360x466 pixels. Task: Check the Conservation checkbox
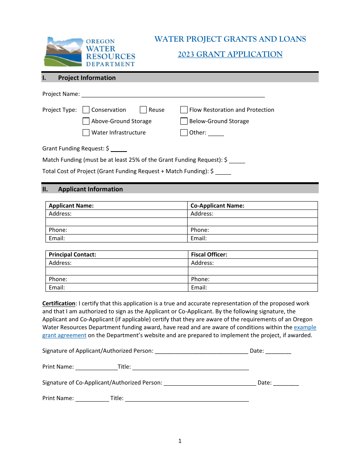tap(86, 110)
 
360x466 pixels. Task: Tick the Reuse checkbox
tap(143, 110)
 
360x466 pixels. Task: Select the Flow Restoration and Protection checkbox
tap(184, 110)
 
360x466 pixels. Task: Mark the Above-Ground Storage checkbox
tap(86, 121)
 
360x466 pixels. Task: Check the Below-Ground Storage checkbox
tap(184, 121)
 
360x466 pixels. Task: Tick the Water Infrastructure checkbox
tap(86, 133)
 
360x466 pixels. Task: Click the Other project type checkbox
tap(184, 133)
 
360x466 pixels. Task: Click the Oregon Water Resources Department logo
tap(89, 52)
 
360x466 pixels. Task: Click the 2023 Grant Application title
tap(230, 54)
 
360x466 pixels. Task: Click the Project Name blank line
tap(173, 94)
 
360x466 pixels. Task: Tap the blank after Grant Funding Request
tap(119, 149)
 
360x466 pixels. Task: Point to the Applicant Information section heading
tap(90, 189)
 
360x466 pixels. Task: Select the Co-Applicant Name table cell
tap(252, 206)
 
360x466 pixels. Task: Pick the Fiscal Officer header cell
tap(252, 255)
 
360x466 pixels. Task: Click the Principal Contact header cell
tap(117, 255)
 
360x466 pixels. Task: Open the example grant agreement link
tap(305, 327)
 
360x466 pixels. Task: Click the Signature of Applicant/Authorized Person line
tap(202, 351)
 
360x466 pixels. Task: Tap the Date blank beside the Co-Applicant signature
tap(286, 383)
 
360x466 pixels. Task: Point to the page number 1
tap(180, 441)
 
